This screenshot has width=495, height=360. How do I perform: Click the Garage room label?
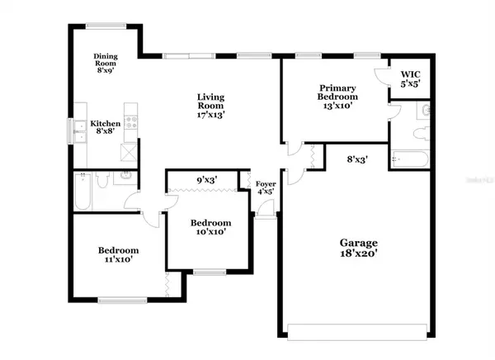tap(358, 243)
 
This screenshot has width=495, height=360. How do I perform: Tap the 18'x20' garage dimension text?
tap(358, 254)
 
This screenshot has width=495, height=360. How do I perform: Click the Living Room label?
tap(210, 101)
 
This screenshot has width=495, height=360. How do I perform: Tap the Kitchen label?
tap(106, 124)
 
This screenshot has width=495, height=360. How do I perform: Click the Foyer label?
tap(265, 185)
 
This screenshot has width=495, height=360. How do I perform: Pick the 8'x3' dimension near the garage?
tap(356, 159)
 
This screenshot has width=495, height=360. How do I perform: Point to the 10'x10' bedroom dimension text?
tap(210, 233)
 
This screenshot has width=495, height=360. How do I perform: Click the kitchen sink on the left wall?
tap(80, 130)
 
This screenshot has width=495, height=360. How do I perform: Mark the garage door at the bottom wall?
tap(358, 334)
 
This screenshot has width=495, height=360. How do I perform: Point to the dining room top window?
tap(105, 24)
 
